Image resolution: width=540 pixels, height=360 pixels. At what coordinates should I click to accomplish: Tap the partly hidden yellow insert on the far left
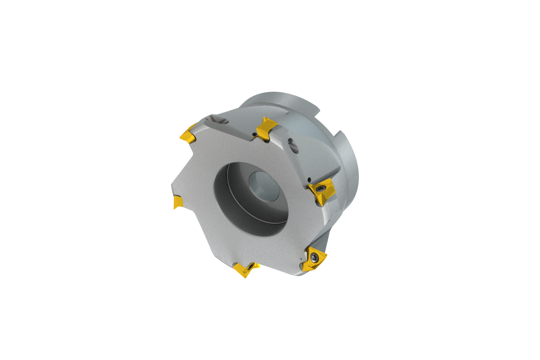pyautogui.click(x=178, y=202)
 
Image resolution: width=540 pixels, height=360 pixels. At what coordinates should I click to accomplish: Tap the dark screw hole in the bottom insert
pyautogui.click(x=249, y=267)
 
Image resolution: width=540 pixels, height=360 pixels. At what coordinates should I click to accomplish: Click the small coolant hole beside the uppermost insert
pyautogui.click(x=255, y=135)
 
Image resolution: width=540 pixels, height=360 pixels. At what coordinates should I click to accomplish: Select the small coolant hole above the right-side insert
pyautogui.click(x=309, y=179)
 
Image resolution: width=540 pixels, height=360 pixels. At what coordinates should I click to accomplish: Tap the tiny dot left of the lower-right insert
pyautogui.click(x=302, y=258)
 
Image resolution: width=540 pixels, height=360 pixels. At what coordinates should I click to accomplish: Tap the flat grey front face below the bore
pyautogui.click(x=252, y=248)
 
